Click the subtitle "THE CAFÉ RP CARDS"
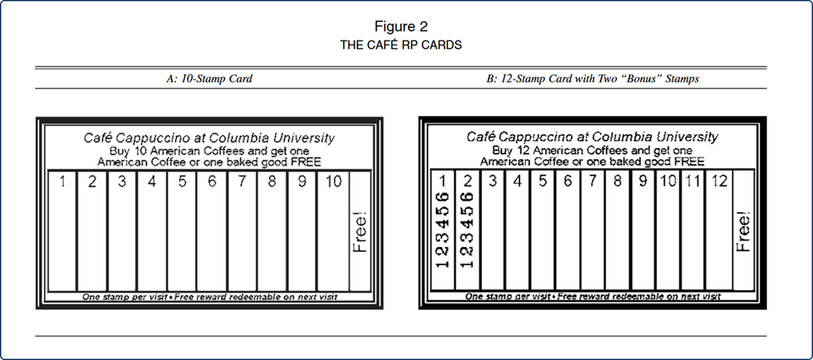401,46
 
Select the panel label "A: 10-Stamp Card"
208,79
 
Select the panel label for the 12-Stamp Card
593,79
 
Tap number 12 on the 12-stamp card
718,181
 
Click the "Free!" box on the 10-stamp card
360,232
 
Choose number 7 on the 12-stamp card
592,181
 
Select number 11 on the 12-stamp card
693,181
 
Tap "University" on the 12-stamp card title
682,137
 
